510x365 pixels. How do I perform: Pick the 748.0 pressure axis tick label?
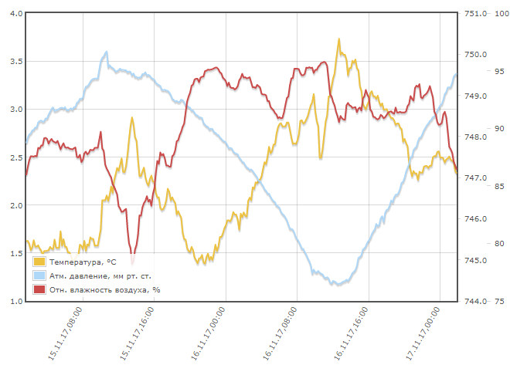474,137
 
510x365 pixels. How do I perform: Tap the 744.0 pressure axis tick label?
474,301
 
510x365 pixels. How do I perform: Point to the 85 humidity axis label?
500,186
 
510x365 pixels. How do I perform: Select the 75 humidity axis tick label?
500,301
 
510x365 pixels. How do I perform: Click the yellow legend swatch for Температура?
39,262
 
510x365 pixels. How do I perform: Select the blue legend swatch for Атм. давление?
39,275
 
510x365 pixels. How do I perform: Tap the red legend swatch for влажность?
39,289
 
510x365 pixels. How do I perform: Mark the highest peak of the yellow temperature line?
338,39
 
